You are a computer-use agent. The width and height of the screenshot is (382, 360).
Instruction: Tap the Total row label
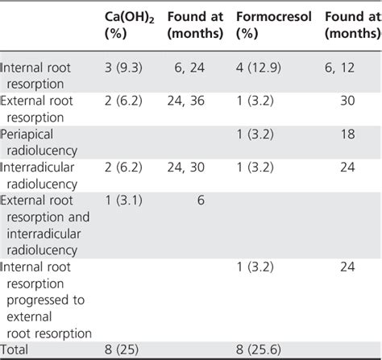click(x=17, y=350)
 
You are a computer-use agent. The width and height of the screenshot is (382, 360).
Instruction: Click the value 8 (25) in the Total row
click(x=122, y=350)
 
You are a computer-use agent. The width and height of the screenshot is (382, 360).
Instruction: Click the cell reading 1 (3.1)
click(x=121, y=199)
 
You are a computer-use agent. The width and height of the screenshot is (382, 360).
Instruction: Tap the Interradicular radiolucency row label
click(x=48, y=175)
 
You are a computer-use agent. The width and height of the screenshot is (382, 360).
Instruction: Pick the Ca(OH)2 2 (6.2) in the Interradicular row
click(x=121, y=167)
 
